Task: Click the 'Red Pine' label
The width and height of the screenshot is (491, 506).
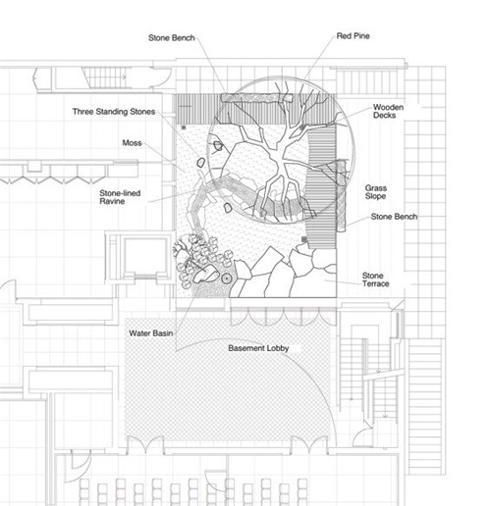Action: click(x=354, y=36)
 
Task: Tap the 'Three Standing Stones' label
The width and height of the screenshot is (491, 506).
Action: click(x=114, y=112)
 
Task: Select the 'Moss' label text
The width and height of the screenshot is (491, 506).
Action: click(x=132, y=143)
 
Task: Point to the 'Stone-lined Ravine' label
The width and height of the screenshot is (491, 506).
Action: click(x=120, y=197)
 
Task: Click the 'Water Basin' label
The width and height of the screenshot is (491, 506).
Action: click(x=151, y=333)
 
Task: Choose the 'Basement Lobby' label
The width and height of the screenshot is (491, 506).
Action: click(x=258, y=348)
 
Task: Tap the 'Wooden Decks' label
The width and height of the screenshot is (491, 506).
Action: click(x=388, y=111)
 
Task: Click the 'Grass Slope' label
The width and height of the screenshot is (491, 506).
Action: click(x=376, y=192)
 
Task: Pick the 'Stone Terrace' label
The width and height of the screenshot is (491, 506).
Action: click(x=375, y=279)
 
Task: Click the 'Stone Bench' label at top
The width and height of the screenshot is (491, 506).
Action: click(x=172, y=38)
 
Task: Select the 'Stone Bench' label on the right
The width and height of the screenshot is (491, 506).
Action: click(x=394, y=217)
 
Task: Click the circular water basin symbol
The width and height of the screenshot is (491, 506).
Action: click(x=227, y=278)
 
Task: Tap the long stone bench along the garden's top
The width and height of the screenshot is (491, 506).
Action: click(x=256, y=98)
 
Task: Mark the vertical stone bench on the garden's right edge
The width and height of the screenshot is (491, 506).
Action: click(x=341, y=196)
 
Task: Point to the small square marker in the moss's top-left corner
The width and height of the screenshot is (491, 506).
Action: click(x=184, y=127)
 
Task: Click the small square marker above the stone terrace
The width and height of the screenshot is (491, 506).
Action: click(x=304, y=239)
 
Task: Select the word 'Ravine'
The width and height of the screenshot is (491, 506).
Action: click(x=112, y=201)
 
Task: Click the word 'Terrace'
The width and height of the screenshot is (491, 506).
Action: click(x=376, y=283)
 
